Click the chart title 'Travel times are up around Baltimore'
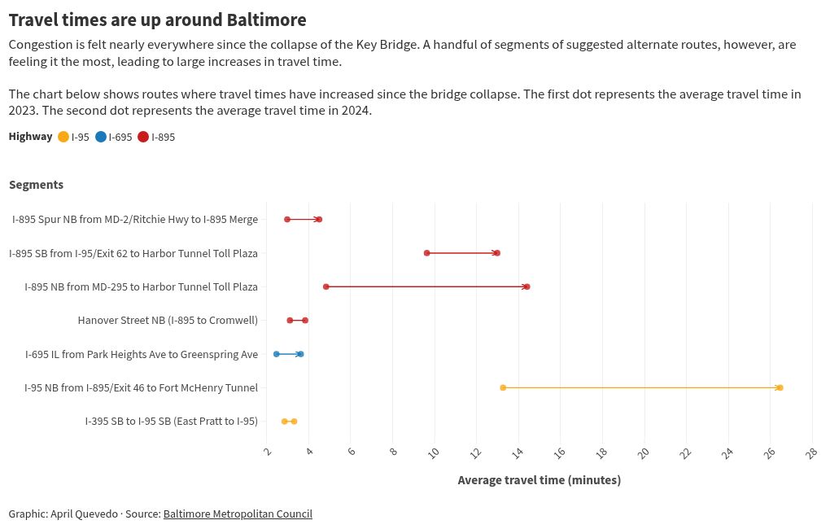157,20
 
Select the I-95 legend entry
74,137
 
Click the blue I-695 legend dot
101,137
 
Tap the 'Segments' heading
36,185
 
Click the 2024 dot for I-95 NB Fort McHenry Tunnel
780,387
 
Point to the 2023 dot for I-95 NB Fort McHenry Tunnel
503,387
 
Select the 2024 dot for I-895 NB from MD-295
526,286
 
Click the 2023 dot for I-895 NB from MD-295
326,286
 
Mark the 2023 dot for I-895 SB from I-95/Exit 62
427,253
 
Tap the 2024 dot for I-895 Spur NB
319,219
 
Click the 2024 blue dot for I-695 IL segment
300,354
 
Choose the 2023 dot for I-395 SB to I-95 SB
284,422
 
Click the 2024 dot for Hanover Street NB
305,321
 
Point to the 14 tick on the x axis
518,452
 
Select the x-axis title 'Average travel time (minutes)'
539,480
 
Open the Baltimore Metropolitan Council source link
238,514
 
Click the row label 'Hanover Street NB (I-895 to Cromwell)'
168,321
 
